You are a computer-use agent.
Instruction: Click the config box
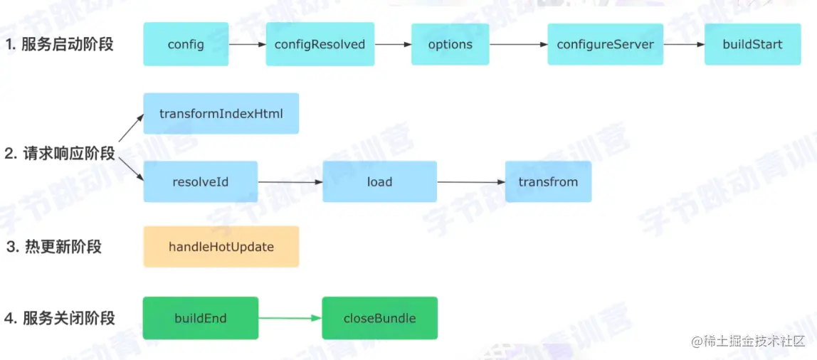pos(186,44)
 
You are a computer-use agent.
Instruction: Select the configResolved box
pos(320,44)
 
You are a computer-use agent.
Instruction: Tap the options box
pos(450,44)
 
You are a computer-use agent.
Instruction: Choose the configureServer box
pos(605,44)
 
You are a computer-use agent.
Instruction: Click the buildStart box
pos(752,44)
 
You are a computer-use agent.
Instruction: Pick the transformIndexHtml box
pos(221,114)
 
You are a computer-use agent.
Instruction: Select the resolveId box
pos(201,182)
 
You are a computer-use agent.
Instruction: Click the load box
pos(379,182)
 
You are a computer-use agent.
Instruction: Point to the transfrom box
pos(548,182)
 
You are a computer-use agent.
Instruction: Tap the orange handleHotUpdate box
pos(221,247)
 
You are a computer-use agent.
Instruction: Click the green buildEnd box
pos(201,318)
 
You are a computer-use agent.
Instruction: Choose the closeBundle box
pos(379,318)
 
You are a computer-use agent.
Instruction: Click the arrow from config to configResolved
pos(248,44)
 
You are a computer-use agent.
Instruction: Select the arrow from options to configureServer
pos(518,44)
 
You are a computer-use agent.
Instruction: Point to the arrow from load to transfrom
pos(471,182)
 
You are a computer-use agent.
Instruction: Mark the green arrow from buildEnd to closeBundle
pos(290,318)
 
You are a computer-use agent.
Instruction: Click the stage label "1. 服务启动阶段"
pos(59,44)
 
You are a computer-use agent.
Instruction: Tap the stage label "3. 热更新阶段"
pos(53,247)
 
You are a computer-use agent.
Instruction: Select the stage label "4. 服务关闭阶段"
pos(59,318)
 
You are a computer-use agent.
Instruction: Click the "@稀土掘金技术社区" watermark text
pos(749,342)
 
